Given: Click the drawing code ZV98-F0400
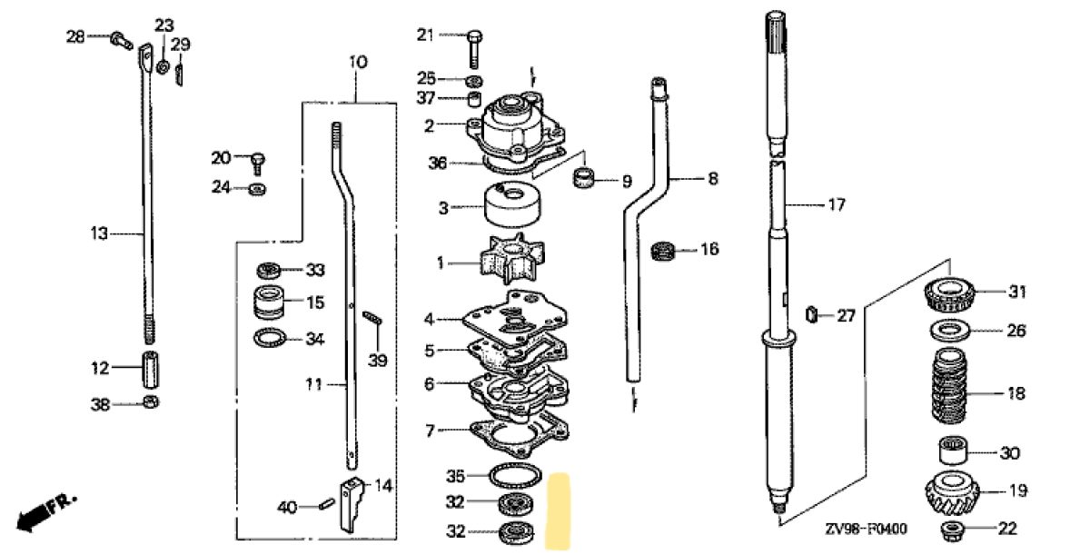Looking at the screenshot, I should (x=867, y=530).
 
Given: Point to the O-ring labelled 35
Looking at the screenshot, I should (x=516, y=475).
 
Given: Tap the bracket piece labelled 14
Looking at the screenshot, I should (x=352, y=502).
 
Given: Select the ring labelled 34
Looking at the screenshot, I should (x=270, y=340).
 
